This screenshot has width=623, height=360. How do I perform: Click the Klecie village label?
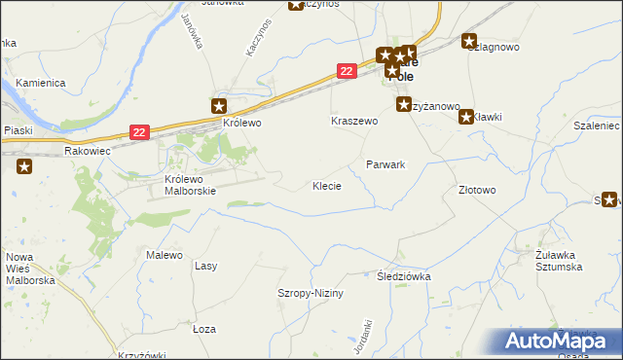click(x=326, y=185)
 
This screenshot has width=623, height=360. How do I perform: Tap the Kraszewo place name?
click(x=353, y=122)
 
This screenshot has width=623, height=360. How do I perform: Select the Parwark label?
click(x=385, y=164)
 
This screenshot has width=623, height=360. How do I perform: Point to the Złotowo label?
click(x=477, y=190)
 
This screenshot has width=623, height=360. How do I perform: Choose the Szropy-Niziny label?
click(x=311, y=293)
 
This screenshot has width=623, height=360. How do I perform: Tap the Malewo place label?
click(x=165, y=255)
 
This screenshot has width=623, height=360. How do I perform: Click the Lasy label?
click(x=205, y=265)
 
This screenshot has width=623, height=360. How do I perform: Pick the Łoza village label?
click(x=203, y=329)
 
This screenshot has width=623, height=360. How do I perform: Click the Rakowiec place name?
click(x=89, y=152)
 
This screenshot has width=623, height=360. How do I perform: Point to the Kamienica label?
click(x=39, y=84)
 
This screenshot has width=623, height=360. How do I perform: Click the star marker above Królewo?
click(x=220, y=106)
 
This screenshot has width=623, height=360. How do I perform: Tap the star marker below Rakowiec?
click(x=24, y=166)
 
